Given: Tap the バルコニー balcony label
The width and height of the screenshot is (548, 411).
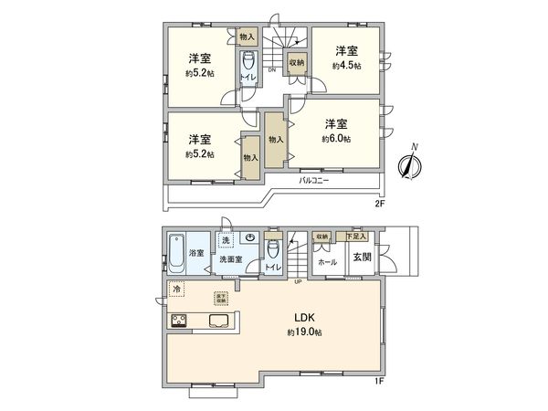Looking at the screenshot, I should [x=314, y=181].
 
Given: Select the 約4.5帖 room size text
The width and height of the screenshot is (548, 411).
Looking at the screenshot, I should [x=344, y=66].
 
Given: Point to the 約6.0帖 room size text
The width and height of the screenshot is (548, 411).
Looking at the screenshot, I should [x=335, y=139].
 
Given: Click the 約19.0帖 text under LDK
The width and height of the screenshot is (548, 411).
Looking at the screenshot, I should [x=303, y=332].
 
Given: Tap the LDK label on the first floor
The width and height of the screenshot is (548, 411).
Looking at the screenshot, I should [x=303, y=318].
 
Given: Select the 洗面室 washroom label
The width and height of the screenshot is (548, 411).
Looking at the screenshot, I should [x=231, y=259].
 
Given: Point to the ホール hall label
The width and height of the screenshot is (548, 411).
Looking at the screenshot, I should [x=326, y=261].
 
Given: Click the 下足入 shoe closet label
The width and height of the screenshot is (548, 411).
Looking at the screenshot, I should [x=356, y=237].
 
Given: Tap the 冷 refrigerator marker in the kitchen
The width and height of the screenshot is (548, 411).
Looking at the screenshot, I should [x=176, y=290].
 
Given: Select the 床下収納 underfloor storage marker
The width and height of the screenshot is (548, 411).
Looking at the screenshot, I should [x=220, y=297].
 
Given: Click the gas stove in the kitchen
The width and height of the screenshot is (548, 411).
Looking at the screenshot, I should [x=178, y=321].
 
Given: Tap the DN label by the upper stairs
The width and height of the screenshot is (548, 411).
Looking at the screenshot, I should [x=271, y=69].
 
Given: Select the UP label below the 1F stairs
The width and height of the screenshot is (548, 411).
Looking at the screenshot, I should [x=298, y=281].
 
